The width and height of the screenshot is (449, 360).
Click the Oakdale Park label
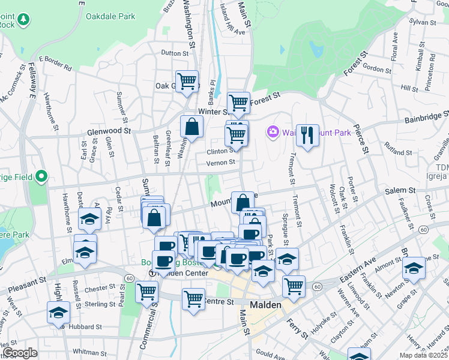point(110,17)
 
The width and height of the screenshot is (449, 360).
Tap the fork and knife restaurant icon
point(307,135)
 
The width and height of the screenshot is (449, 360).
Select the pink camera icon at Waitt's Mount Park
point(273,131)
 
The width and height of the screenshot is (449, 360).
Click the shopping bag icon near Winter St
point(191,127)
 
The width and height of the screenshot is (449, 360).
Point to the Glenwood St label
point(109,130)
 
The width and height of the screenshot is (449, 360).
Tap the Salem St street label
point(400,190)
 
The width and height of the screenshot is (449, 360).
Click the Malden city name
point(265,305)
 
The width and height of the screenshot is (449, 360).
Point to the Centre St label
point(217,301)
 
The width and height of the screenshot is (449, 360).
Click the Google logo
point(20,353)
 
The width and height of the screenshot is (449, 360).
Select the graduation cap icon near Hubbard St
point(58,311)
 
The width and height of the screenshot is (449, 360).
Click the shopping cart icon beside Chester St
point(147,292)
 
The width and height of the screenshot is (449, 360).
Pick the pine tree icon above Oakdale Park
point(23,20)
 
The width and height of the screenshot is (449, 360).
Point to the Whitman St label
point(89,351)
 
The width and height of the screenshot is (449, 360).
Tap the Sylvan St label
point(423,22)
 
